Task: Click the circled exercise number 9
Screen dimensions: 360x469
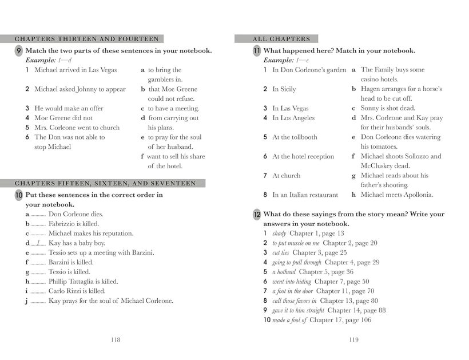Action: coord(19,51)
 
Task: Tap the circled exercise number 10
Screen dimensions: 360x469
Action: coord(19,195)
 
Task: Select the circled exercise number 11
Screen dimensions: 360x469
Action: coord(257,51)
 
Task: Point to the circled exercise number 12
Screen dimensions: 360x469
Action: coord(257,215)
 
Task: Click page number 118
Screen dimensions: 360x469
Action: coord(115,339)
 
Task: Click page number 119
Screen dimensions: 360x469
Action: coord(353,339)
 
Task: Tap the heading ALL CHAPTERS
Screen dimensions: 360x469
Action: coord(281,39)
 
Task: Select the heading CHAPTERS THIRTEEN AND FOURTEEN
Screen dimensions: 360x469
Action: coord(86,39)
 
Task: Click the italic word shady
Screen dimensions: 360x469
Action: coord(279,234)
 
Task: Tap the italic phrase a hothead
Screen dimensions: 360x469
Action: coord(284,272)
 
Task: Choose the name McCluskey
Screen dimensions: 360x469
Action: coord(379,166)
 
